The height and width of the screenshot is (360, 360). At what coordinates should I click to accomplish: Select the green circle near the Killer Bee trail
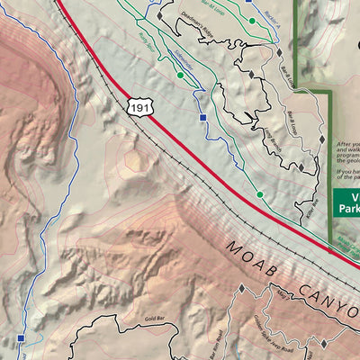pos(260,194)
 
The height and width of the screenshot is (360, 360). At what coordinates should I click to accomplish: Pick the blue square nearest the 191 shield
pos(203,118)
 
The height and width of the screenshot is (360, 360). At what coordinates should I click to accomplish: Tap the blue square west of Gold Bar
pos(20,338)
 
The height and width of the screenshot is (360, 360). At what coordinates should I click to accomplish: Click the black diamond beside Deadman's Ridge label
pos(159,15)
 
